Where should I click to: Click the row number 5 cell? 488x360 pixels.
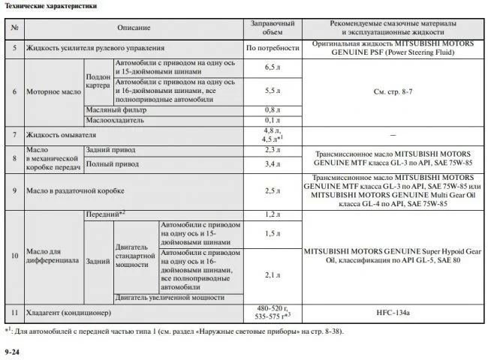[x=15, y=48]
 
